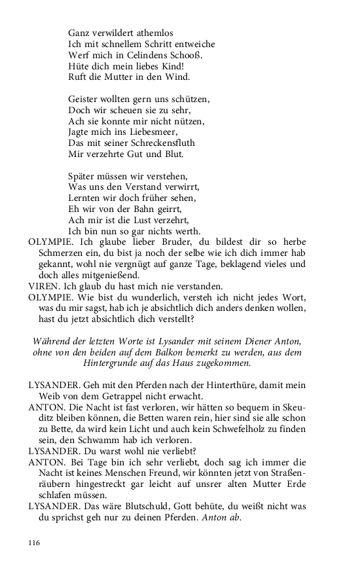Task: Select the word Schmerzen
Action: tap(61, 253)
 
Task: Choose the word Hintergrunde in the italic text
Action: tap(113, 364)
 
